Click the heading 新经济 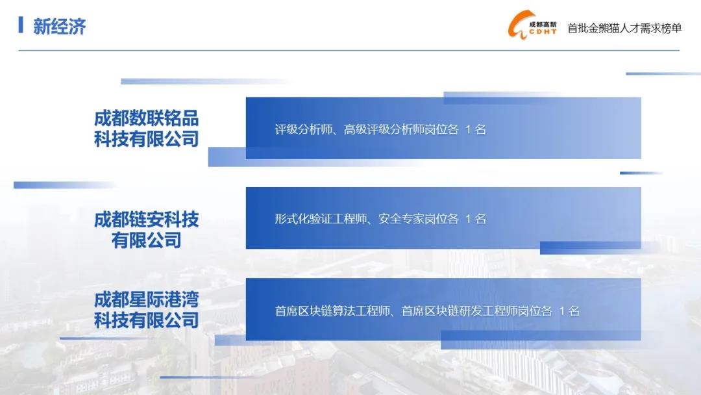click(x=59, y=27)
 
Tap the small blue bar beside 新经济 click(x=21, y=25)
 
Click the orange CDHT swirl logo click(x=519, y=25)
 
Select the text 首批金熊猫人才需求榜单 click(x=624, y=28)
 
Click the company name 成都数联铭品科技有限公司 click(x=146, y=129)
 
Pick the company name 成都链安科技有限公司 click(x=146, y=229)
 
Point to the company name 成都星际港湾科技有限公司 click(x=146, y=309)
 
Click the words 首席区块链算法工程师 click(x=332, y=311)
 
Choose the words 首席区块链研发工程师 click(x=460, y=311)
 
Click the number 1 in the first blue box click(x=467, y=130)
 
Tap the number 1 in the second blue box click(x=467, y=219)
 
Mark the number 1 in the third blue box click(x=561, y=311)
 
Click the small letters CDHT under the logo click(x=543, y=32)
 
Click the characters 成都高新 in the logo click(x=543, y=25)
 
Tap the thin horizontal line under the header click(x=349, y=51)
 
